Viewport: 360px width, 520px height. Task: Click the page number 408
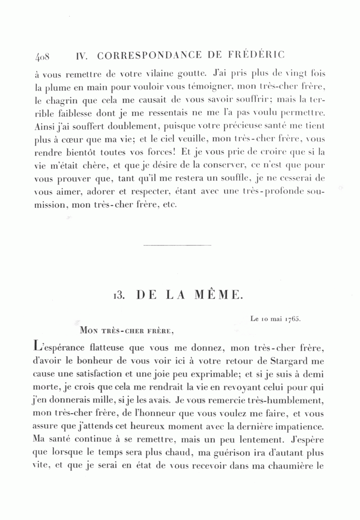tap(42, 56)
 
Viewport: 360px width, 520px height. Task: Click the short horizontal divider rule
tap(177, 245)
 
